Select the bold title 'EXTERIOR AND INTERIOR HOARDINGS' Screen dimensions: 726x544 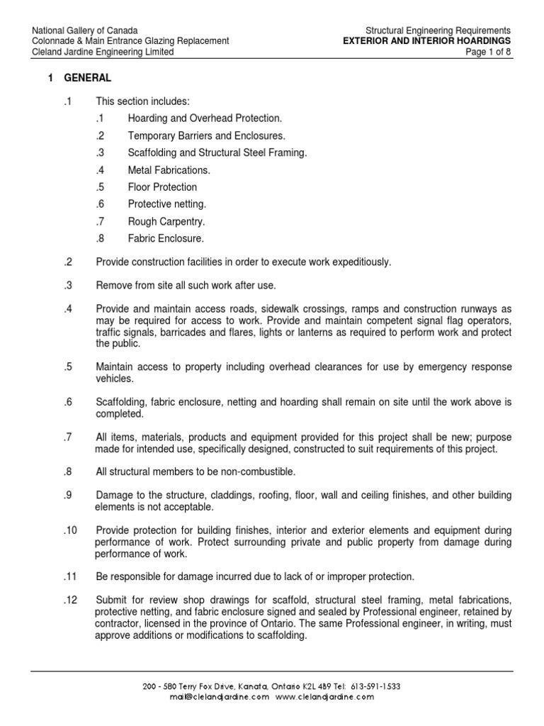pyautogui.click(x=426, y=41)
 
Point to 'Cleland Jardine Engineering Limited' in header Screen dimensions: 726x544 pyautogui.click(x=103, y=52)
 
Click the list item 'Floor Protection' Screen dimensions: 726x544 pyautogui.click(x=162, y=187)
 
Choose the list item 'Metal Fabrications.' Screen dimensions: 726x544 pyautogui.click(x=169, y=170)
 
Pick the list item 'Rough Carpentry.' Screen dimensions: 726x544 pyautogui.click(x=167, y=222)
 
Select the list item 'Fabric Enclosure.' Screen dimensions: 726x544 pyautogui.click(x=166, y=239)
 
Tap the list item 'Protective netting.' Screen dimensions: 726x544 pyautogui.click(x=167, y=204)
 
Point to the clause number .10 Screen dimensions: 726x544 pyautogui.click(x=69, y=530)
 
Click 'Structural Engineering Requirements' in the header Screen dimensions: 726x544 pyautogui.click(x=438, y=30)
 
